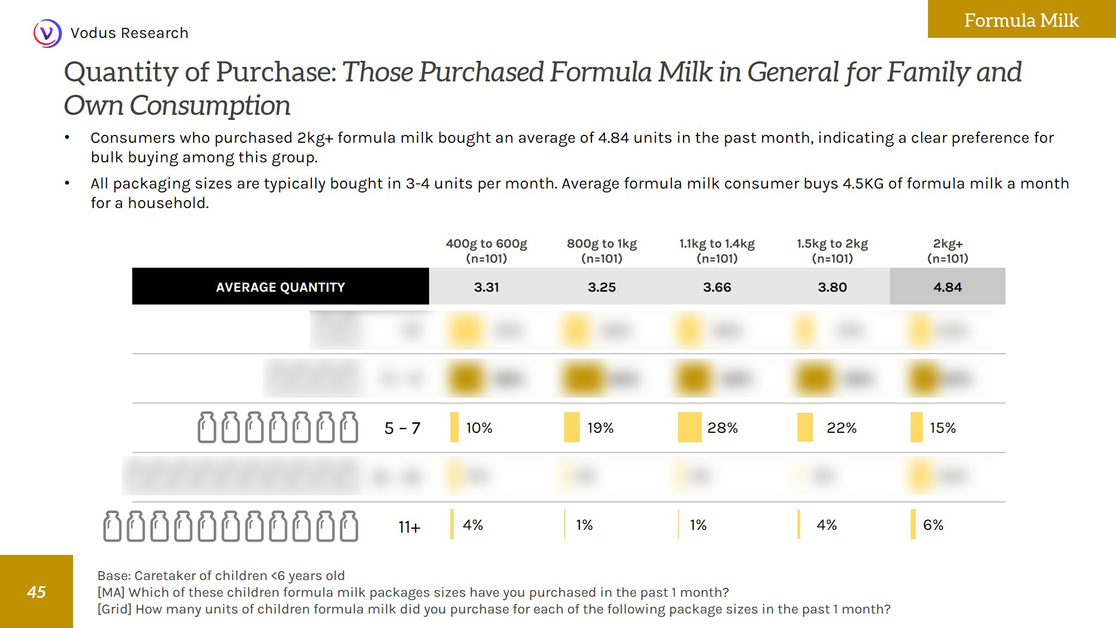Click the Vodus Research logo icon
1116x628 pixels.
(47, 33)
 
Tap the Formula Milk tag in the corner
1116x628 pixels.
(1021, 20)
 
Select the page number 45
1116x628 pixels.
(36, 592)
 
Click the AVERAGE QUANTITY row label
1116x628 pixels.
(280, 287)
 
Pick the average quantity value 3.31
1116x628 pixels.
(486, 287)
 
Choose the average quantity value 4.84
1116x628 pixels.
(947, 287)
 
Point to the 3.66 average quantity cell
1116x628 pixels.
(717, 287)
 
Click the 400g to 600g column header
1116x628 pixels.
(486, 250)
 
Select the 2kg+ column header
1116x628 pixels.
(947, 250)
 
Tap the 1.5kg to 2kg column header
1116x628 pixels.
(832, 250)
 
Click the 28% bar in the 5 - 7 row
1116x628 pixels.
(690, 427)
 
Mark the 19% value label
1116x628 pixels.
(600, 428)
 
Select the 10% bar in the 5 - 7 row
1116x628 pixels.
(454, 427)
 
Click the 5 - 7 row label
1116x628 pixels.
(402, 428)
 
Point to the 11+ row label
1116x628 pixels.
(409, 526)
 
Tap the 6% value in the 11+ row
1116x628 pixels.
(933, 525)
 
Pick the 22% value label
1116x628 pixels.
(841, 428)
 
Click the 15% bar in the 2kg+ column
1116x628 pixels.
(916, 427)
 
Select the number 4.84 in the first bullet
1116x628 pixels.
(613, 138)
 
